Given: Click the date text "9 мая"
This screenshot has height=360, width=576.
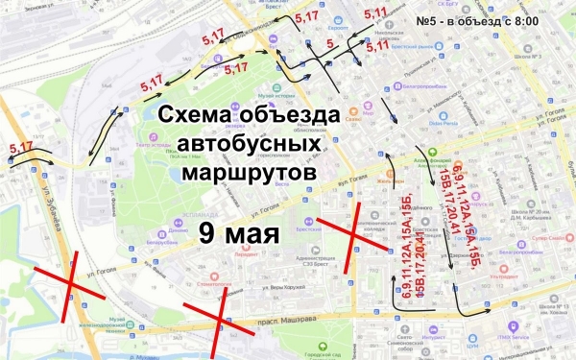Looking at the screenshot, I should point(239,233).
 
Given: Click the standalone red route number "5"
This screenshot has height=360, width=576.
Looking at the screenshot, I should point(329,43).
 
